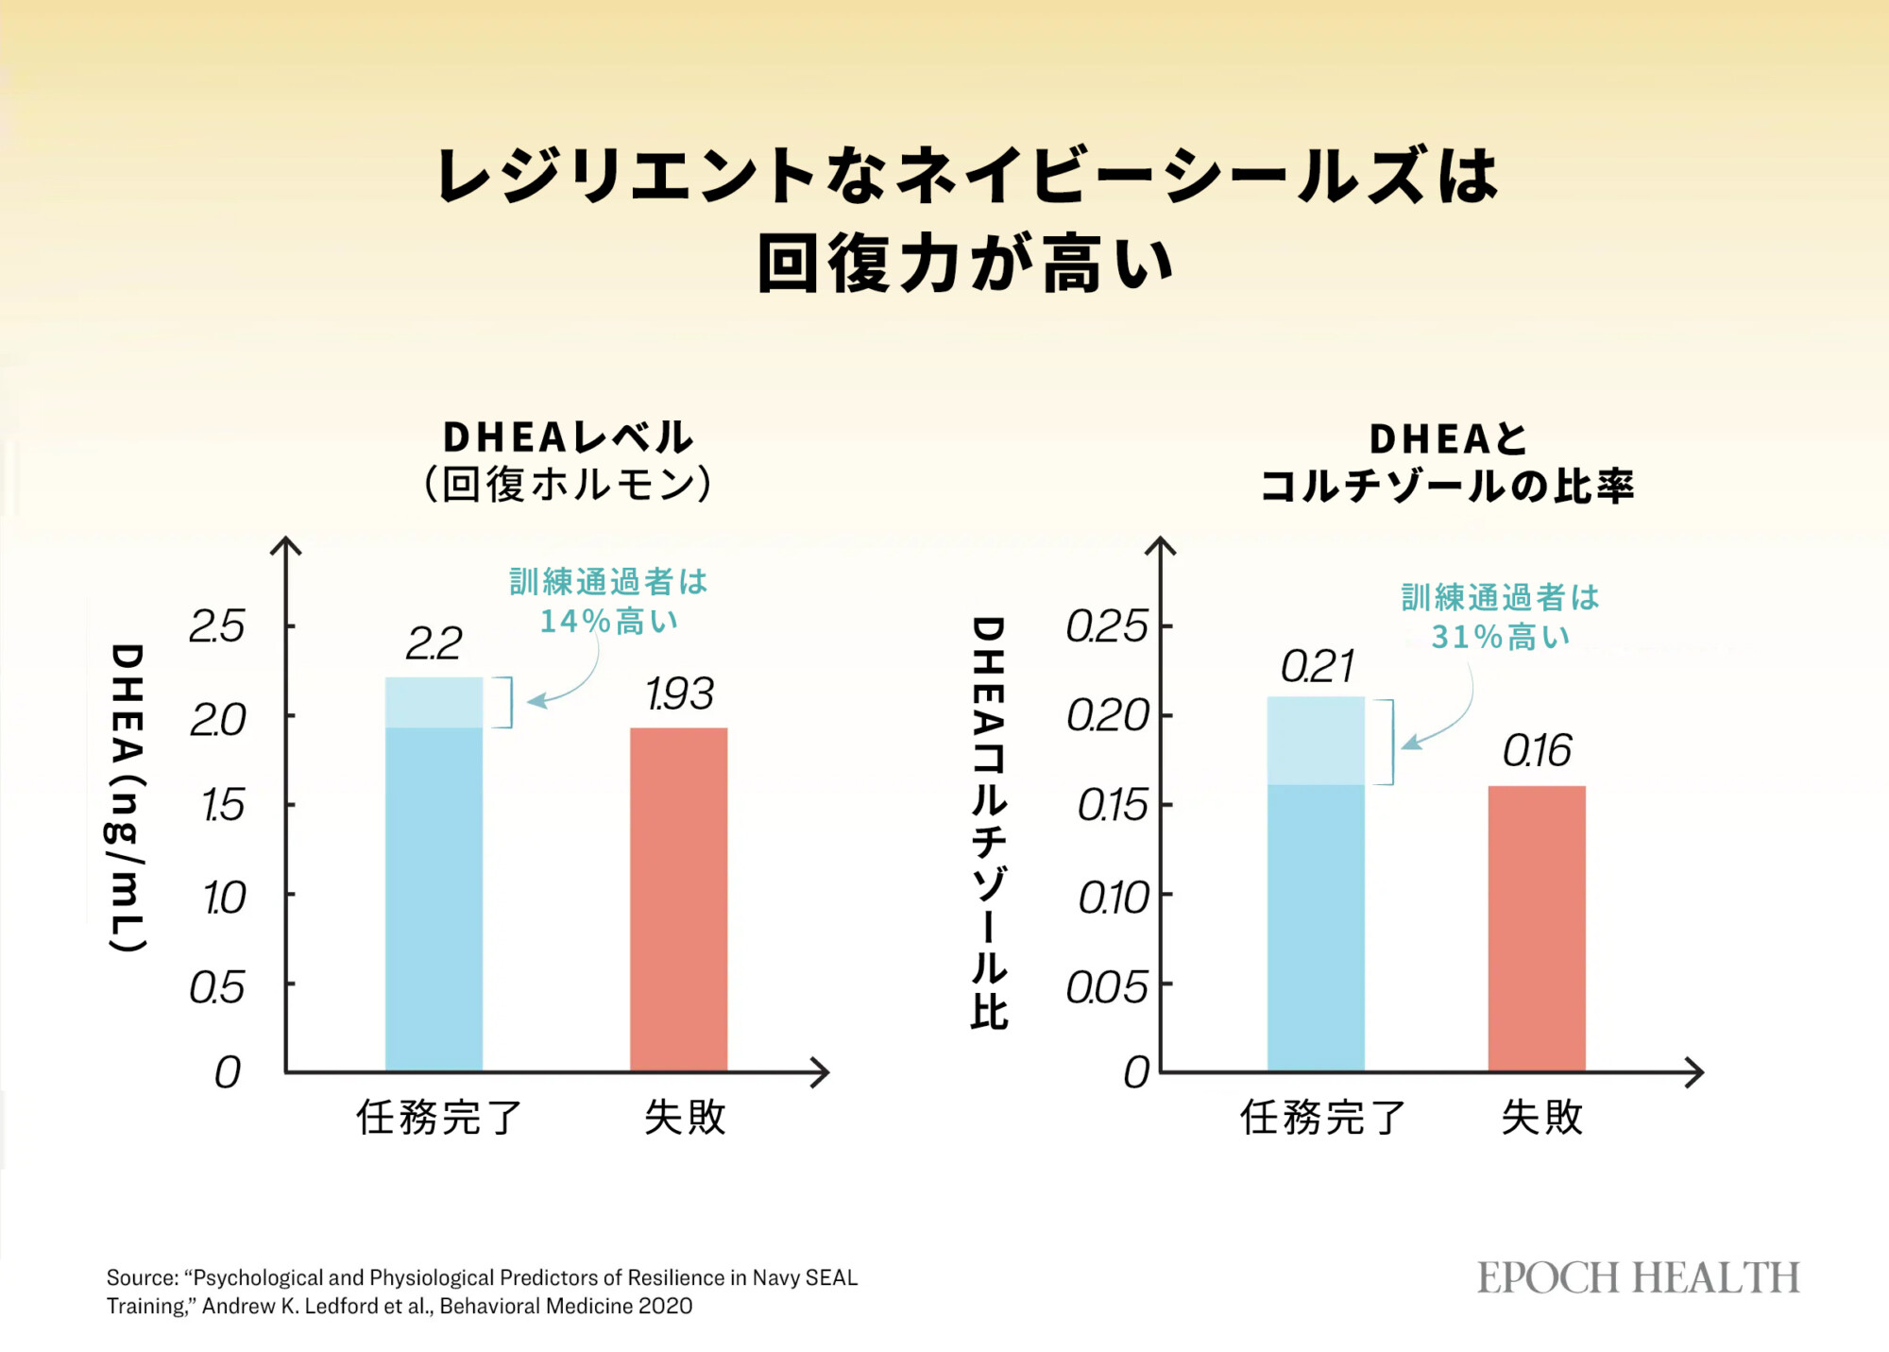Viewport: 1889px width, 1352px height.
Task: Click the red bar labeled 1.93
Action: tap(678, 898)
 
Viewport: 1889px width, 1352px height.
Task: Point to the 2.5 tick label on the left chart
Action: tap(217, 626)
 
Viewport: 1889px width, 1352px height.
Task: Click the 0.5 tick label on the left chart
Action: tap(217, 988)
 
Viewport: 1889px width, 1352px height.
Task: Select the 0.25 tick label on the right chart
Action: tap(1107, 626)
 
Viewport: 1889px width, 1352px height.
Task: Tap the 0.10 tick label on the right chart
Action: tap(1114, 898)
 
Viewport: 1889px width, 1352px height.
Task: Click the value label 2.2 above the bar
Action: tap(434, 644)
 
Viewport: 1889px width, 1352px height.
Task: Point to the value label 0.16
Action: tap(1537, 751)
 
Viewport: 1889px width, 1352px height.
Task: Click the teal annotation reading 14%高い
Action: tap(609, 622)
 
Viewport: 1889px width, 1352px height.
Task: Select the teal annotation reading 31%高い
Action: tap(1501, 638)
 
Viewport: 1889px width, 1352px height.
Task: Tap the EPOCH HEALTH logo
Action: tap(1639, 1277)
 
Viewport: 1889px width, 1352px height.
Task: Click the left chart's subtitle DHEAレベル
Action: tap(568, 437)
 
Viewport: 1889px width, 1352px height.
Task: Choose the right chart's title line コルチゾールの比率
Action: tap(1447, 487)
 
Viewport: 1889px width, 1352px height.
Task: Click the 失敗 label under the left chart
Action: tap(685, 1118)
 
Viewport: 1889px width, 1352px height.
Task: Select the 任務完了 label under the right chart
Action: tap(1323, 1118)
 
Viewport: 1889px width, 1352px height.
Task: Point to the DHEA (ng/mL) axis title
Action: tap(128, 798)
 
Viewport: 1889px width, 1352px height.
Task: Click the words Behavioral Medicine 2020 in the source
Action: tap(566, 1307)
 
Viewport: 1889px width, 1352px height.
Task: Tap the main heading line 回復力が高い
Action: tap(965, 264)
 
